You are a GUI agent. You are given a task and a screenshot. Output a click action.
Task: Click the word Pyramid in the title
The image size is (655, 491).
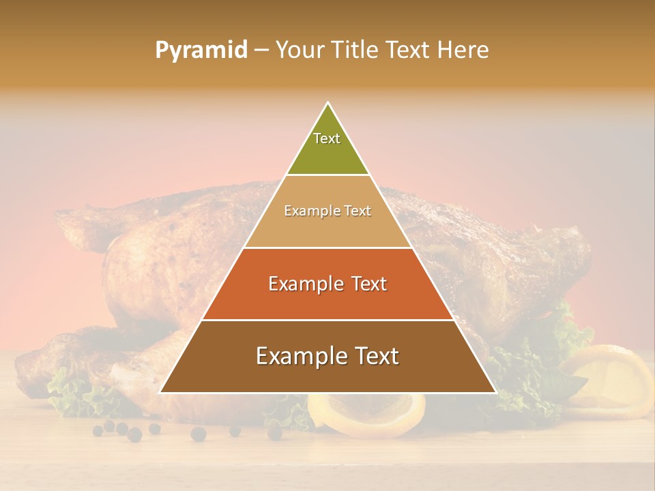tap(201, 50)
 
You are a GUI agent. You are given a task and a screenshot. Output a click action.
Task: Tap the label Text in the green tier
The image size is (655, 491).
tap(327, 138)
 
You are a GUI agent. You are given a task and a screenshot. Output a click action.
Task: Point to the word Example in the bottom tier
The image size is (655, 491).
tap(295, 355)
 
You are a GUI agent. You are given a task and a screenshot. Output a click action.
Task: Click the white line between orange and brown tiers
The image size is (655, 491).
tap(327, 320)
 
